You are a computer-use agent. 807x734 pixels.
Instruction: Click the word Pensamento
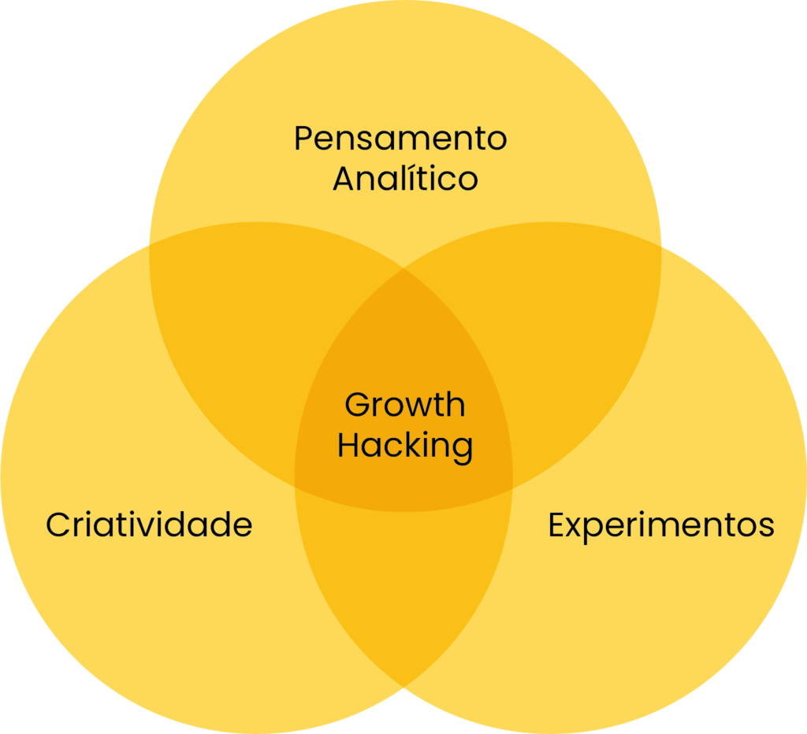tap(400, 139)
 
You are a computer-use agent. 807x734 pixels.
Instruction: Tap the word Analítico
tap(406, 178)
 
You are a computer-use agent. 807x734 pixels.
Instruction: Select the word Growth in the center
tap(405, 404)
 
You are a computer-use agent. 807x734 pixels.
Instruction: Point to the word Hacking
tap(405, 446)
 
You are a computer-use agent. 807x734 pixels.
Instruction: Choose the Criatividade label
tap(149, 525)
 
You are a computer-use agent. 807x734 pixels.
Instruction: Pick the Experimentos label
tap(661, 525)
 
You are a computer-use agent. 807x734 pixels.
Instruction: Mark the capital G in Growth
tap(358, 404)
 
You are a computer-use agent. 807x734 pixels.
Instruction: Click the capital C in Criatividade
tap(58, 525)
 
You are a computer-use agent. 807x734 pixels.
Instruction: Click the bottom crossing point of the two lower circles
tap(404, 687)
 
